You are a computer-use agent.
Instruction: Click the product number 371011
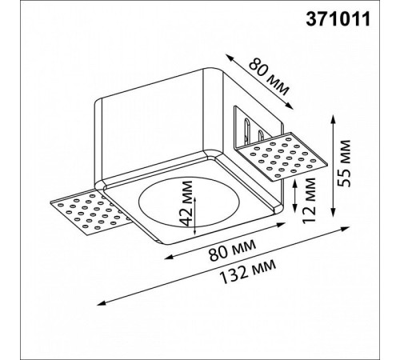coord(338,19)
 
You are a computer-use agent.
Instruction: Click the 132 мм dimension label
coord(248,272)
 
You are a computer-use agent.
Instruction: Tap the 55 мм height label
coord(343,163)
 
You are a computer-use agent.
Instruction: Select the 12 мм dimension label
coord(309,200)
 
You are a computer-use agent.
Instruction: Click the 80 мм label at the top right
coord(269,78)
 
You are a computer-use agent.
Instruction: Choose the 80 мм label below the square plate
coord(232,250)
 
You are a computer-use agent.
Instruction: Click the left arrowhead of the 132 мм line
coord(100,303)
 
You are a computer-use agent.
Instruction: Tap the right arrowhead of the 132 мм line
coord(346,228)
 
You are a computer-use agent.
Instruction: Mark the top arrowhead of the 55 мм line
coord(333,118)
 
